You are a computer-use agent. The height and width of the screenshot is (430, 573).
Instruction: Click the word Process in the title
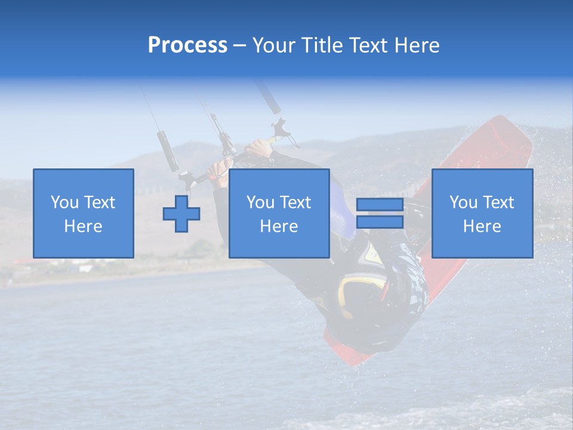(x=187, y=45)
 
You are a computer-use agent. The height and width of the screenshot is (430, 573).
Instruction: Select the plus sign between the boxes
(x=181, y=214)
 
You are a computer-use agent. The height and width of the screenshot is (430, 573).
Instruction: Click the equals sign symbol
(x=380, y=214)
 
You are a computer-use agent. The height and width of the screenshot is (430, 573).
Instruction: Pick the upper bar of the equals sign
(x=380, y=205)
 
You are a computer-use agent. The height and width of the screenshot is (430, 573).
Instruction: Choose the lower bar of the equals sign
(x=380, y=222)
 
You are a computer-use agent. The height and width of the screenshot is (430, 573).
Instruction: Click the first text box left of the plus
(x=83, y=214)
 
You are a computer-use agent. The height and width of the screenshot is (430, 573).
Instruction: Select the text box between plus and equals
(x=279, y=214)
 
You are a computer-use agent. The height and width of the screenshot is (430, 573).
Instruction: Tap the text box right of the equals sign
(x=482, y=214)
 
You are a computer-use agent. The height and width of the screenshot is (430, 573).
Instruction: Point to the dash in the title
(x=239, y=45)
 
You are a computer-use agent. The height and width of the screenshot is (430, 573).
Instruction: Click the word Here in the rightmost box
(x=482, y=226)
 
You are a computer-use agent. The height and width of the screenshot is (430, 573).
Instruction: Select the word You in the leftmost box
(x=64, y=202)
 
